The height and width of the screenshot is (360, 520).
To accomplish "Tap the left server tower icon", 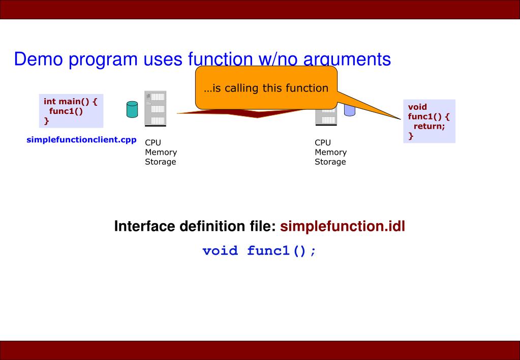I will click(x=156, y=108).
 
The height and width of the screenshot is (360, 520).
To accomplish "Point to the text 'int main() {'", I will click(x=70, y=101).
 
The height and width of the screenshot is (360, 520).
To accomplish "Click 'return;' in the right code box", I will click(x=429, y=127).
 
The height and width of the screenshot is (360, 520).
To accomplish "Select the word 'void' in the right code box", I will click(x=417, y=107).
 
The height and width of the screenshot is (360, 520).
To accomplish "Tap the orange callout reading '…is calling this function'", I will click(x=266, y=88).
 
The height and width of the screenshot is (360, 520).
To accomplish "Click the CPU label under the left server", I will click(x=153, y=143).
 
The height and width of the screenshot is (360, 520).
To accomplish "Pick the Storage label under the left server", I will click(x=160, y=162).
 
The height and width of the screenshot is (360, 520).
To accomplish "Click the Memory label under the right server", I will click(x=330, y=152).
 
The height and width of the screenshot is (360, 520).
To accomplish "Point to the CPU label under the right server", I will click(x=323, y=143).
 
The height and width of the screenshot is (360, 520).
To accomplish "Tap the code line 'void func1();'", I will click(x=259, y=251).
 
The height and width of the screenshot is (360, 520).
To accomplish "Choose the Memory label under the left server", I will click(x=161, y=152).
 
